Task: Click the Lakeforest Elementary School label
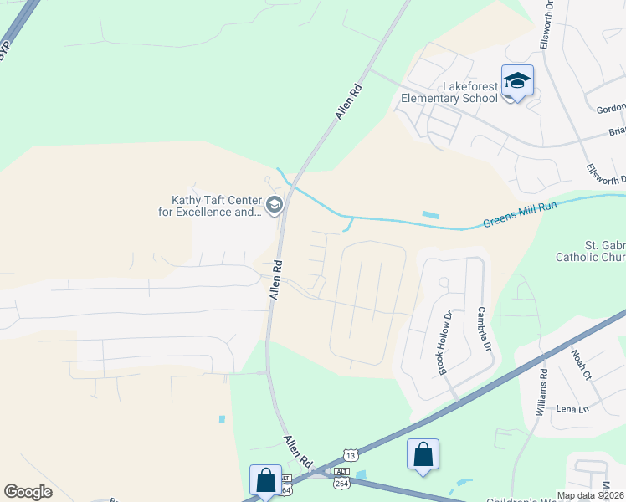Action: pos(449,92)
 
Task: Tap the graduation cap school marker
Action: pos(517,81)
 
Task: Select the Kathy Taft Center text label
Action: pos(211,206)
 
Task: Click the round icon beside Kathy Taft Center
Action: pos(274,205)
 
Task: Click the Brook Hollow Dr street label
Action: pos(443,343)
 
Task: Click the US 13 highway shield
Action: pos(350,455)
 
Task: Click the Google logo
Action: pos(28,492)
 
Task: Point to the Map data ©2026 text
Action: pos(590,495)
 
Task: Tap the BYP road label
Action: pos(5,48)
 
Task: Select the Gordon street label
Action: pos(611,109)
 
